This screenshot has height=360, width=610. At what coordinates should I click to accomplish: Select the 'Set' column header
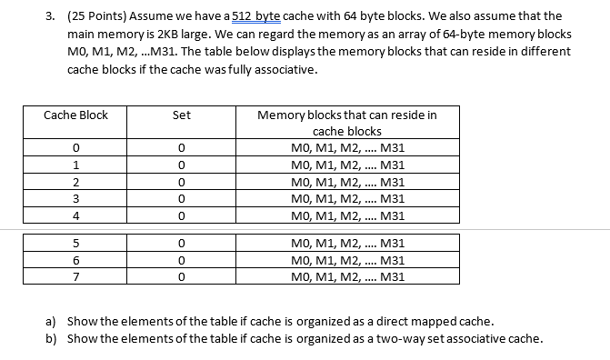182,115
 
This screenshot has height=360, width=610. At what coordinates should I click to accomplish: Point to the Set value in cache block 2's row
182,182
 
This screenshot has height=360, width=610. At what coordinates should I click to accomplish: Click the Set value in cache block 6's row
182,260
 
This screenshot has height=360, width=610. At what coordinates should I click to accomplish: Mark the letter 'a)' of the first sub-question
51,323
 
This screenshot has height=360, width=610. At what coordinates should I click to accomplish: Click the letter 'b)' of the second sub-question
51,339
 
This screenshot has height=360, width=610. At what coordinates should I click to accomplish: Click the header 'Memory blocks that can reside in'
346,115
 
